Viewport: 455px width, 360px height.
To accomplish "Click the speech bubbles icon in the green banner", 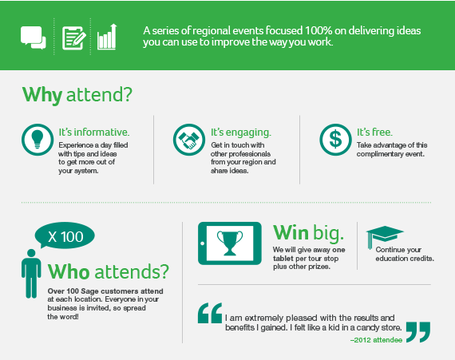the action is coord(33,38).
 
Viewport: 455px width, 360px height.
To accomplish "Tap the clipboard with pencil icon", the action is coord(74,38).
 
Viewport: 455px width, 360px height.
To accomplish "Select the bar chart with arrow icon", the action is coord(107,37).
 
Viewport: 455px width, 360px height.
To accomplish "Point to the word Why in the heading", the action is coord(42,95).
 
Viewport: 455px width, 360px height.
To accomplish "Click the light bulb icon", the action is coord(38,140).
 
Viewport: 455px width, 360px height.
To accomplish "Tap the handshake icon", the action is coord(189,140).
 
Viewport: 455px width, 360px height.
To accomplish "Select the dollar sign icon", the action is coord(336,140).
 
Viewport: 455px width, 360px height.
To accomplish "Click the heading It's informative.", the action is coord(94,133).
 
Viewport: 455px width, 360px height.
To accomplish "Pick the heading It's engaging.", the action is coord(241,133).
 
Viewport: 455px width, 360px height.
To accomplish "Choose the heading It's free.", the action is coord(374,133).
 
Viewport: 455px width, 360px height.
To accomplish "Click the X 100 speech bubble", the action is coord(65,235).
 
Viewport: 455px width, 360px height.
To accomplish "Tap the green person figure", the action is coord(31,274).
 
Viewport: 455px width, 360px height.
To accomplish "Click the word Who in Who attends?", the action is coord(69,272).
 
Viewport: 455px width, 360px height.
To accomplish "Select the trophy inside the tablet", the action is coord(230,243).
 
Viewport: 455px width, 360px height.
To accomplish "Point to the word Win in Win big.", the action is coord(291,232).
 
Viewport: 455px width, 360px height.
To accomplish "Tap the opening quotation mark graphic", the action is coord(210,313).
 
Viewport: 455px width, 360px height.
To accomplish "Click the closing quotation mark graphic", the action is coord(418,332).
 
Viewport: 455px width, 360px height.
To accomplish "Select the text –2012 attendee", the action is coord(376,340).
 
